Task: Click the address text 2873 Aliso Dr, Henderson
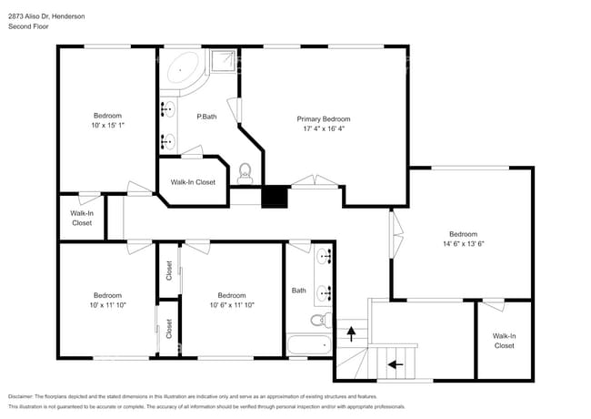(x=46, y=15)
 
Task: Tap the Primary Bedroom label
(x=324, y=119)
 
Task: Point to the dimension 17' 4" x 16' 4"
(x=324, y=129)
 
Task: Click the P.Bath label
(x=206, y=116)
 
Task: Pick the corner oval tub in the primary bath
(x=183, y=69)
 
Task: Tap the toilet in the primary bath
(x=244, y=171)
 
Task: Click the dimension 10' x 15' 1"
(x=107, y=126)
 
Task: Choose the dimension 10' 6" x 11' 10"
(x=232, y=305)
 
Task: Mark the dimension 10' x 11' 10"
(x=107, y=305)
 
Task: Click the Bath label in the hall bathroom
(x=299, y=291)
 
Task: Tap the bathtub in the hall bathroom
(x=310, y=345)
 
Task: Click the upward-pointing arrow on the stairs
(x=351, y=334)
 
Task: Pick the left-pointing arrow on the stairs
(x=395, y=363)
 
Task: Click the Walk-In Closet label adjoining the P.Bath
(x=193, y=182)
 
